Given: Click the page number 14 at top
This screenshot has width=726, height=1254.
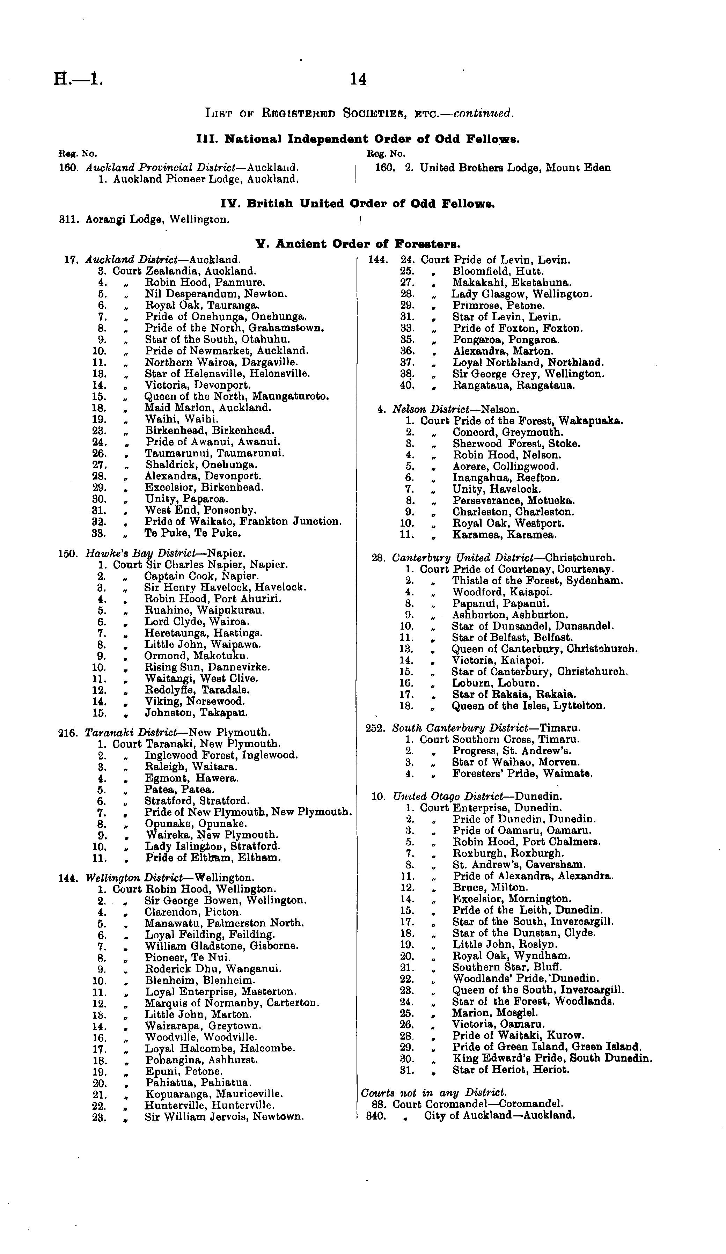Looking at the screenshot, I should pos(358,79).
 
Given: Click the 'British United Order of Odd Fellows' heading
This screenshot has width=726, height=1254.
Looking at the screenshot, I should pos(357,204).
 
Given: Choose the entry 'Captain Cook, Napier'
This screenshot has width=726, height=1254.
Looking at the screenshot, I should pos(201,576).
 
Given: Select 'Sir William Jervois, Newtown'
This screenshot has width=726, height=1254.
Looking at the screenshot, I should pos(224,1117).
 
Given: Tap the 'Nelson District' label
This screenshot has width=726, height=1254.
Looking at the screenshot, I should pos(430,410).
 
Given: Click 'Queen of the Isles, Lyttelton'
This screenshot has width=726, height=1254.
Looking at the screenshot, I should pos(528,706).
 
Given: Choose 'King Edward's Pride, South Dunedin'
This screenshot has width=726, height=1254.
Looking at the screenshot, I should pos(552,1058).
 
